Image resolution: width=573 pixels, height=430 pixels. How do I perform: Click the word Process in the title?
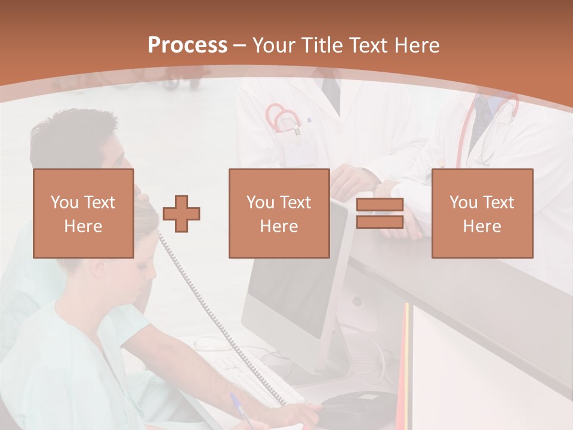point(187,45)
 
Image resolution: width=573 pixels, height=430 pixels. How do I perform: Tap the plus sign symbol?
point(181,213)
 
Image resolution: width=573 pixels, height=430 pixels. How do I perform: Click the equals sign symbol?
point(380,213)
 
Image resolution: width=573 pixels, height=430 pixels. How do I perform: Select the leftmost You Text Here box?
point(84,213)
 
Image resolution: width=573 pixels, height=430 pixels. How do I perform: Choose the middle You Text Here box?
point(279,213)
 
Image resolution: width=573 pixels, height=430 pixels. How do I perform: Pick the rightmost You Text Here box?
point(482,213)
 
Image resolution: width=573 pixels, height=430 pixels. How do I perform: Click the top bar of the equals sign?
point(380,205)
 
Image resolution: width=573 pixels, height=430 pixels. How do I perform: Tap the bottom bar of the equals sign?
point(380,222)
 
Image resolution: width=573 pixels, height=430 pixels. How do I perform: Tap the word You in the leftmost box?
point(64,202)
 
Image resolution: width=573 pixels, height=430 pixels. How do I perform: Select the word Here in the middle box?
point(279,226)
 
